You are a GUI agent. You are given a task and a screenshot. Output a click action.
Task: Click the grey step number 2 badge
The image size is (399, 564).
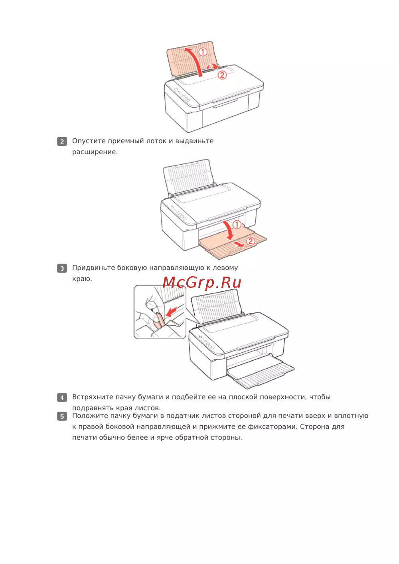pos(62,141)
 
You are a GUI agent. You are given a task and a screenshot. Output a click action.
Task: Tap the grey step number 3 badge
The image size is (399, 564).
pos(62,268)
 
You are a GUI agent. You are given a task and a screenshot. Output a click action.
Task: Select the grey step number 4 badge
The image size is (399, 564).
pos(62,398)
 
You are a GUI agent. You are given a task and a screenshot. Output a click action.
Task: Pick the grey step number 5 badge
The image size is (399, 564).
pos(62,416)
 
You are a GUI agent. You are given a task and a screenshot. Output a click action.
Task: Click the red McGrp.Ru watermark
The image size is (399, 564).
pos(202,282)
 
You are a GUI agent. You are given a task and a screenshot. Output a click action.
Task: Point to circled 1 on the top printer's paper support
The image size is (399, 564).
pos(203,52)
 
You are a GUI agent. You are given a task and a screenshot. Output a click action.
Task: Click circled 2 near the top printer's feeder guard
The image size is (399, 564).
pos(222,75)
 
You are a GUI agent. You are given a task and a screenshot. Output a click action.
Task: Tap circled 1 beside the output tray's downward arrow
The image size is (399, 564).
pos(237,224)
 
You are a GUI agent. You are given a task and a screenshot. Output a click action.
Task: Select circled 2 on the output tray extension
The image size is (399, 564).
pos(251,241)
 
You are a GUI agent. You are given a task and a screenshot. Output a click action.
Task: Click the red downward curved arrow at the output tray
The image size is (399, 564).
pos(229,230)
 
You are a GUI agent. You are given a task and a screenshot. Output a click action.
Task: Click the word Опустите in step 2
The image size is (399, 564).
pos(89,141)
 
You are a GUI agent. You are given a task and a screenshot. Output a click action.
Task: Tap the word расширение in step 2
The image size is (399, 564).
pos(95,152)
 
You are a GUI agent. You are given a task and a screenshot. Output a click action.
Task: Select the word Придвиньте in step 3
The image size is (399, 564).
pos(93,268)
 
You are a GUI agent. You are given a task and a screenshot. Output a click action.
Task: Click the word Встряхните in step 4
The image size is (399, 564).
pos(93,397)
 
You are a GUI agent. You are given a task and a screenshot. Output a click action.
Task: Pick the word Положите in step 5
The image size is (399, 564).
pos(90,416)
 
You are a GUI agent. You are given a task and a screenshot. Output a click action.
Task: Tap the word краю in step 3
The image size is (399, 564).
pos(82,279)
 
